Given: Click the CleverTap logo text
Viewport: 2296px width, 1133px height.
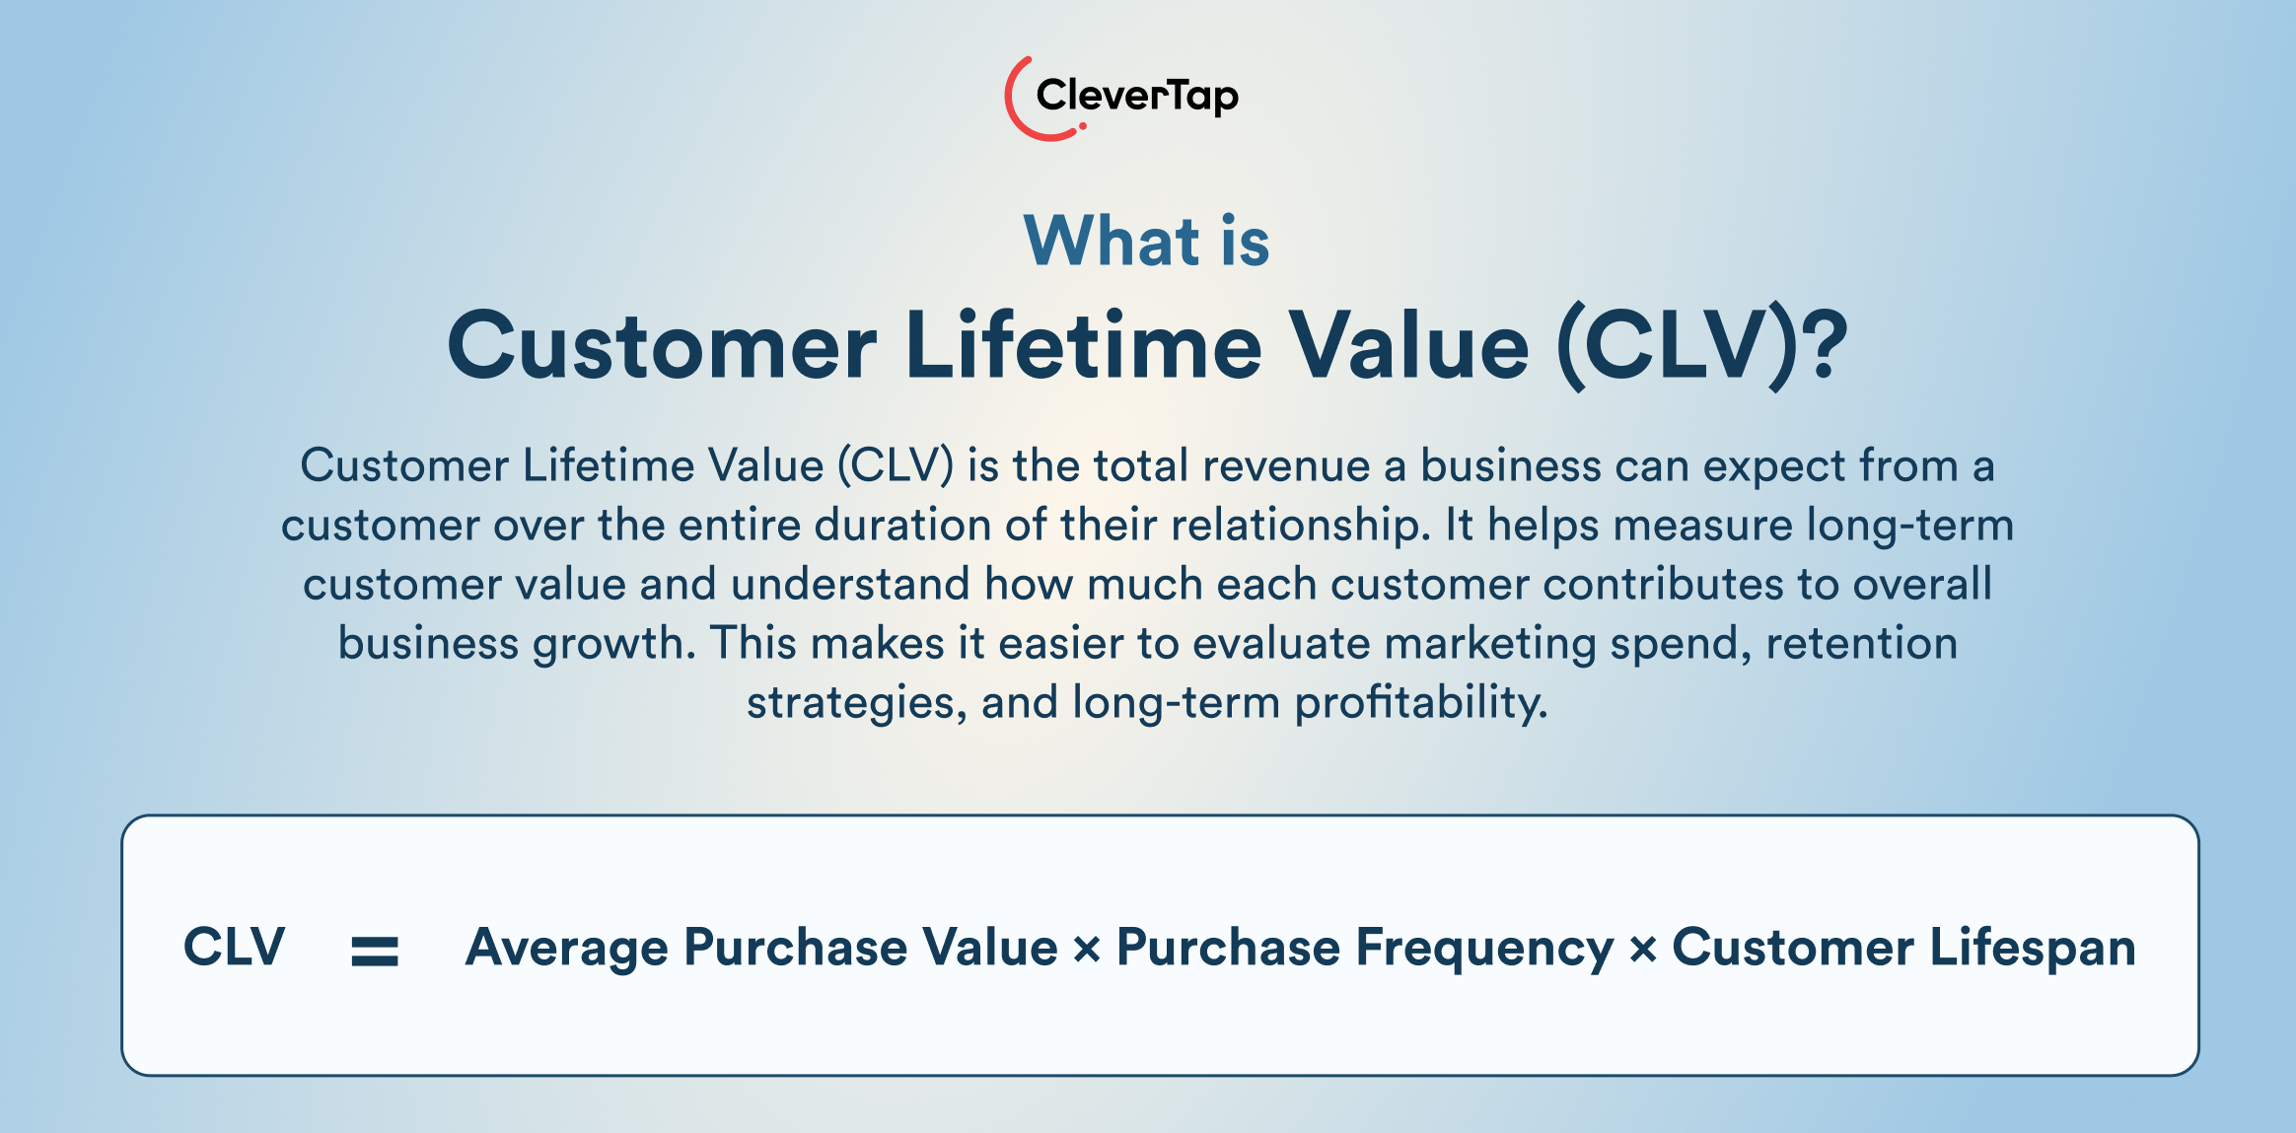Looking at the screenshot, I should (x=1136, y=96).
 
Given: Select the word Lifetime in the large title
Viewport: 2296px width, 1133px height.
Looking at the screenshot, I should (x=1083, y=346).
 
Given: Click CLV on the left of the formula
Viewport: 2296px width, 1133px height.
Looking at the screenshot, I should (x=234, y=947).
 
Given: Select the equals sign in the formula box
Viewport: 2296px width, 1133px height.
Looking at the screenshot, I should (x=375, y=951).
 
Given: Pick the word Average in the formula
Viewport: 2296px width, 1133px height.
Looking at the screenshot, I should (x=567, y=947).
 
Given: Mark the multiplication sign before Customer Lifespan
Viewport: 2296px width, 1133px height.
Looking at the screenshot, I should (x=1642, y=951).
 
